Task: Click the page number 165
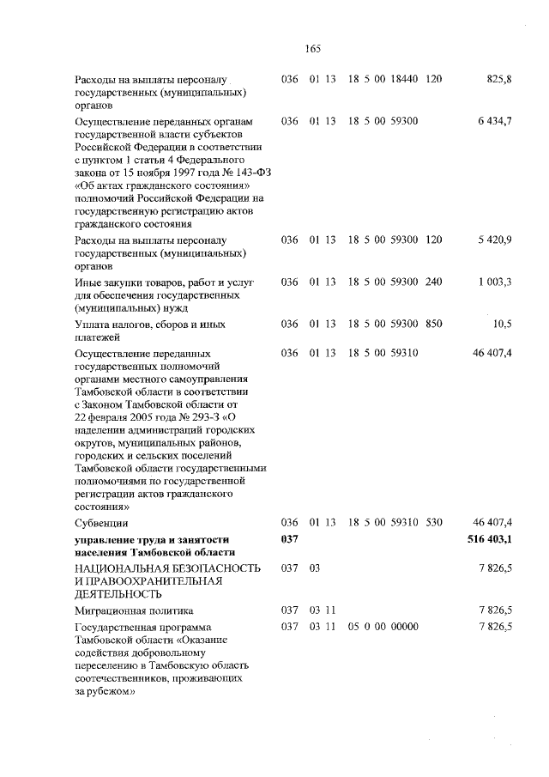[312, 48]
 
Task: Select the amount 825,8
[498, 80]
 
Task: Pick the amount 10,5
[502, 324]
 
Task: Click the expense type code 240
[433, 282]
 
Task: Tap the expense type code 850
[433, 324]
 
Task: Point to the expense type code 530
[433, 522]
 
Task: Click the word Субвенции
[101, 523]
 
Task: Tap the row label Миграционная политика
[130, 610]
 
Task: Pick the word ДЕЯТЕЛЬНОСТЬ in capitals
[124, 593]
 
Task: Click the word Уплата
[92, 325]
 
